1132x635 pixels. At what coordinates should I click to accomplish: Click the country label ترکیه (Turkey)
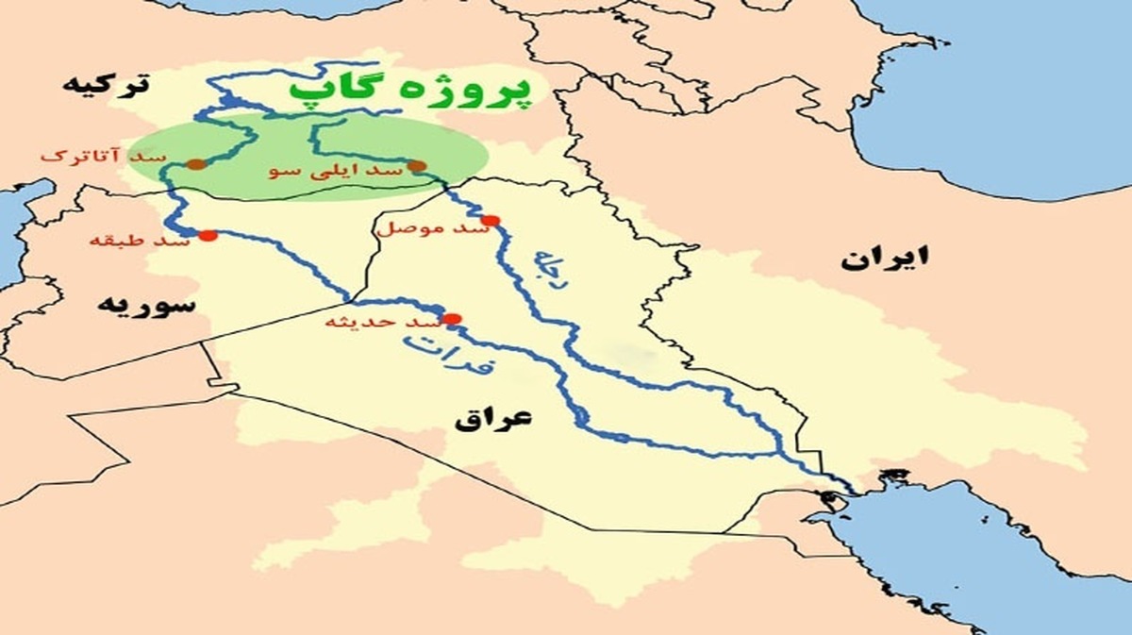click(105, 84)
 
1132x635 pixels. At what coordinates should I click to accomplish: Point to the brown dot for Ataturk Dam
click(195, 164)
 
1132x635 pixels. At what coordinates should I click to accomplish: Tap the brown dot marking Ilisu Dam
click(416, 166)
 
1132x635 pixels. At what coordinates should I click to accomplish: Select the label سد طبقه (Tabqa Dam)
click(140, 240)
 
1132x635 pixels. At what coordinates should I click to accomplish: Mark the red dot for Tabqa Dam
click(208, 236)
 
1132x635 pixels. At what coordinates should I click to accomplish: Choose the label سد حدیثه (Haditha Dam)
click(382, 323)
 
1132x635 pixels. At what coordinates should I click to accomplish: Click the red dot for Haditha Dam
click(453, 319)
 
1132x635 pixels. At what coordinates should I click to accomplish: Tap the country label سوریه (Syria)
click(148, 304)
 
